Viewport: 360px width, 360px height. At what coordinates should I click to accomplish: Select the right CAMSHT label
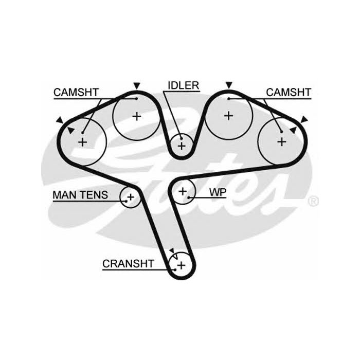[x=289, y=92]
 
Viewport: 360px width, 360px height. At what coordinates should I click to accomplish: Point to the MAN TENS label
[x=80, y=195]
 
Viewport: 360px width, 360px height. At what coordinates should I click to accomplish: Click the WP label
[x=218, y=192]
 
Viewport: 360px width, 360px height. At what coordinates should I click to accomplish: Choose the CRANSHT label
[x=128, y=264]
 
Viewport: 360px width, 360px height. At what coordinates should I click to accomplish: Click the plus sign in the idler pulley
[x=181, y=146]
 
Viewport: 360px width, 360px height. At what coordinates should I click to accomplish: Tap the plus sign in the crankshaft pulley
[x=181, y=265]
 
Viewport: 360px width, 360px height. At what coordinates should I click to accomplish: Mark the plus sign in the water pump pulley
[x=183, y=192]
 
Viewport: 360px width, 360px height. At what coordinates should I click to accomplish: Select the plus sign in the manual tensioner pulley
[x=131, y=196]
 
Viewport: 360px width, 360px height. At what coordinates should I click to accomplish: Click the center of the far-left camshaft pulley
[x=82, y=141]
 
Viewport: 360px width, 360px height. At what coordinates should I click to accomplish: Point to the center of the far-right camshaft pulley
[x=281, y=141]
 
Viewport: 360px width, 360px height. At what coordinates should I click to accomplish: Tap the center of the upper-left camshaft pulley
[x=136, y=116]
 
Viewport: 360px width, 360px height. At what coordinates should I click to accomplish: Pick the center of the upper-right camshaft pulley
[x=228, y=116]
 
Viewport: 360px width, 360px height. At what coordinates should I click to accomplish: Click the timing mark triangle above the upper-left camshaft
[x=136, y=85]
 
